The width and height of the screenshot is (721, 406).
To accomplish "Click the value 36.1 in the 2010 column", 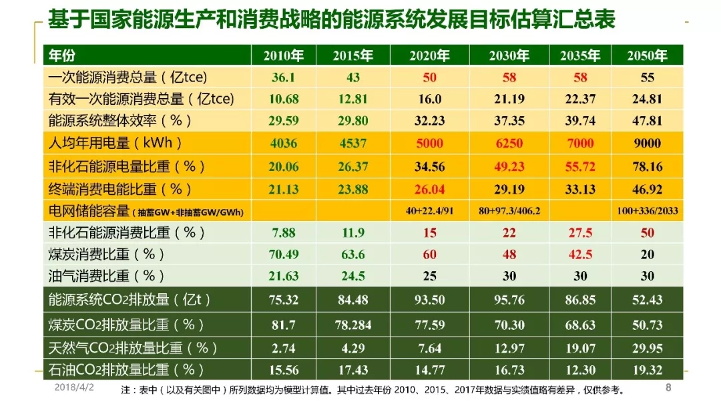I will [x=283, y=77].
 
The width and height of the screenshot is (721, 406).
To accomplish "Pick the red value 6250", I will [x=509, y=144].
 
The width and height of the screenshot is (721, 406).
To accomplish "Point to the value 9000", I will [x=647, y=144].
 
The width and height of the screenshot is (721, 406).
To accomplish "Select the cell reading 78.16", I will [x=647, y=166].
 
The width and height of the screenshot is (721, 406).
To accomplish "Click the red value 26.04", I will [x=429, y=189].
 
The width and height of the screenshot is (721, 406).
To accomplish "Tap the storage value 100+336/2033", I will [x=647, y=211].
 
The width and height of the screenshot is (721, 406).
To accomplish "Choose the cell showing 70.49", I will [x=283, y=255].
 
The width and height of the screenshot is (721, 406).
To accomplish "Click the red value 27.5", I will [x=580, y=233].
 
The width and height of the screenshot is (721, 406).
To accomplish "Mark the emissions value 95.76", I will [x=509, y=300].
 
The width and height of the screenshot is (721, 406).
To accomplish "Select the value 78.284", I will [x=352, y=325].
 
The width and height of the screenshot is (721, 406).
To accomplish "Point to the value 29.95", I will [x=647, y=347].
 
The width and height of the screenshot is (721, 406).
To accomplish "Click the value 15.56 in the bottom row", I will [x=283, y=369].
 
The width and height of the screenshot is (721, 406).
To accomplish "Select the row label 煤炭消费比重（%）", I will [x=106, y=255].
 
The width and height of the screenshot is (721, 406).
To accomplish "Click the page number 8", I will [x=669, y=388].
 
